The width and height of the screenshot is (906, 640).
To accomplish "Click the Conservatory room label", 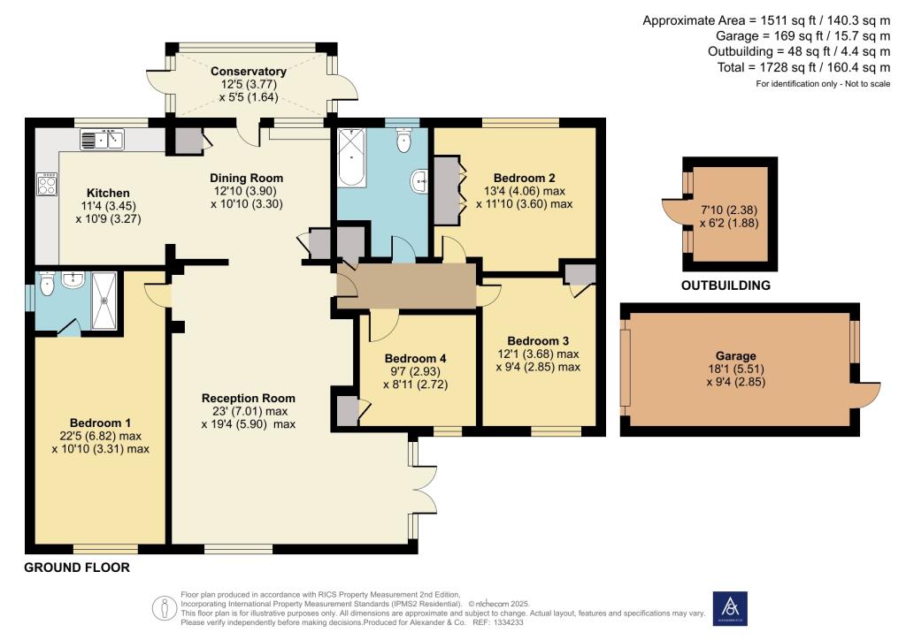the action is [x=249, y=72].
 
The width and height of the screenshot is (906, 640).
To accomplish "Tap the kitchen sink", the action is [x=103, y=140].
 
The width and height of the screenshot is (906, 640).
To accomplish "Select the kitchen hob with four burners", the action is [x=47, y=185].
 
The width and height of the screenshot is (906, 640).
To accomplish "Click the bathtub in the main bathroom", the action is [x=352, y=158].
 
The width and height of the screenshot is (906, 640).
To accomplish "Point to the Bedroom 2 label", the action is [x=524, y=178].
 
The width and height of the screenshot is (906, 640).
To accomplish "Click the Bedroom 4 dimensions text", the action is [x=416, y=378].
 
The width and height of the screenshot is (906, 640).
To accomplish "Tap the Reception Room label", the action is [x=249, y=398].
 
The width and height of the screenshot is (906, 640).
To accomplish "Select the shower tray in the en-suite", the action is [x=104, y=301].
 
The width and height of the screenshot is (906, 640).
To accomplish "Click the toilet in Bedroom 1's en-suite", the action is [x=48, y=284].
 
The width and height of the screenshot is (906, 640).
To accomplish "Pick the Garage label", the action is [x=735, y=356].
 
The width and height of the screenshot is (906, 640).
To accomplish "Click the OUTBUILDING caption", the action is [x=726, y=286].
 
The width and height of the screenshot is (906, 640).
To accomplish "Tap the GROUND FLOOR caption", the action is [x=77, y=568].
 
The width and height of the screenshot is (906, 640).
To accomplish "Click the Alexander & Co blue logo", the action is [x=730, y=608].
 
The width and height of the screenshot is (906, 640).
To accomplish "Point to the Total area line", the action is [x=803, y=67].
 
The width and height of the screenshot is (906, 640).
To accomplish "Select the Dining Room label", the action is [x=246, y=179].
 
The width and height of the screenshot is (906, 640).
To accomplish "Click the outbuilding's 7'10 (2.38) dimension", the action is [x=729, y=210].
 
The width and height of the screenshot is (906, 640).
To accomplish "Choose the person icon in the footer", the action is [x=164, y=608].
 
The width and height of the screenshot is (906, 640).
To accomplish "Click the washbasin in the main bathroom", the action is [x=420, y=181].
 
